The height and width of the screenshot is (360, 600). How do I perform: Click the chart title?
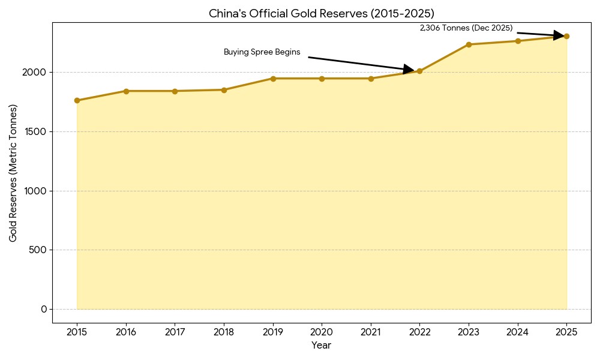pyautogui.click(x=321, y=13)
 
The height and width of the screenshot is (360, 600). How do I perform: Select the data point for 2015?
pyautogui.click(x=77, y=100)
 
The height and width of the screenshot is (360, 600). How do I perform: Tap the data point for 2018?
pyautogui.click(x=224, y=90)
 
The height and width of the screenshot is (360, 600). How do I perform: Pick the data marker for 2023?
pyautogui.click(x=469, y=44)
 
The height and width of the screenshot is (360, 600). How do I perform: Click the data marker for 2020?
pyautogui.click(x=322, y=79)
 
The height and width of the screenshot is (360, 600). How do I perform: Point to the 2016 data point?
pyautogui.click(x=126, y=91)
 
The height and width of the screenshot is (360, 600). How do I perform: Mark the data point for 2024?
pyautogui.click(x=518, y=41)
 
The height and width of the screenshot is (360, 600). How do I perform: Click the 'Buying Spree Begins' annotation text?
pyautogui.click(x=262, y=52)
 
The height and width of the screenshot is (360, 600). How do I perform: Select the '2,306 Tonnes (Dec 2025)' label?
pyautogui.click(x=466, y=28)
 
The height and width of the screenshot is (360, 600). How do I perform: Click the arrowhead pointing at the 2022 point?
pyautogui.click(x=409, y=70)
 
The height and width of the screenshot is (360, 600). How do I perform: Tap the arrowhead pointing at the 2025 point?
pyautogui.click(x=559, y=35)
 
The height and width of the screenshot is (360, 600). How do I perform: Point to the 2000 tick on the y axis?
pyautogui.click(x=35, y=72)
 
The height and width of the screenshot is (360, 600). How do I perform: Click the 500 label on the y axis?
pyautogui.click(x=38, y=250)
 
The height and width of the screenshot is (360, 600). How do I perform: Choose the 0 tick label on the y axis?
pyautogui.click(x=44, y=309)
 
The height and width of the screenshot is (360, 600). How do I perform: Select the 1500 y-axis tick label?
pyautogui.click(x=35, y=131)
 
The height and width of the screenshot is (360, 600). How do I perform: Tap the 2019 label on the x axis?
pyautogui.click(x=273, y=332)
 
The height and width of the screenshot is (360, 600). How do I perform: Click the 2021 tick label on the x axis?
pyautogui.click(x=371, y=332)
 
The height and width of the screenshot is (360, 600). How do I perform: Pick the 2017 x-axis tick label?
pyautogui.click(x=175, y=332)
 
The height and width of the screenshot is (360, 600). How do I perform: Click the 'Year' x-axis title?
pyautogui.click(x=321, y=346)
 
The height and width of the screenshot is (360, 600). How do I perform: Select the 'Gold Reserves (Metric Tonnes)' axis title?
pyautogui.click(x=13, y=173)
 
